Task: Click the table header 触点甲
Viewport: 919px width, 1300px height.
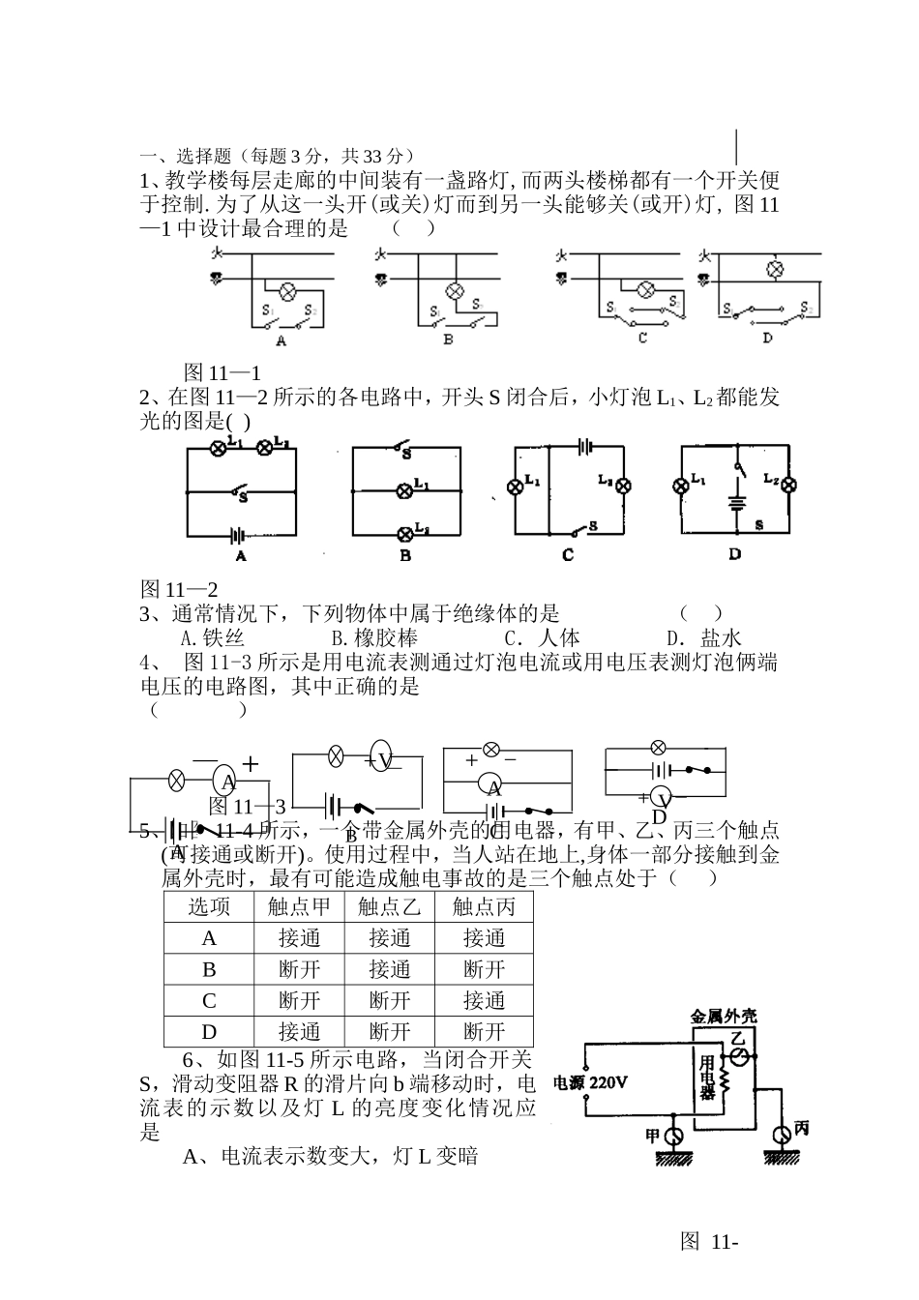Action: [299, 906]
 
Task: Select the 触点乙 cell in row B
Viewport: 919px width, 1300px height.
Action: [390, 969]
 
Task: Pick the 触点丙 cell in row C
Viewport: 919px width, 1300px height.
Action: [484, 1000]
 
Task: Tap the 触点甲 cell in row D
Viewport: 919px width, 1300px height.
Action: [299, 1031]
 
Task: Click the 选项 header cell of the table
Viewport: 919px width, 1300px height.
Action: [209, 906]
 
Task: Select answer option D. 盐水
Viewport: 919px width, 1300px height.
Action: [703, 637]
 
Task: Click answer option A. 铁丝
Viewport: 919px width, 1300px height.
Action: [213, 637]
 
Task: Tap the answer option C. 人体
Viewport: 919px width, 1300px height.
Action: [542, 637]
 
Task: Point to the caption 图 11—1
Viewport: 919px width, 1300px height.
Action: [222, 372]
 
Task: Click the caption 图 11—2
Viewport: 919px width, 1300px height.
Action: [180, 589]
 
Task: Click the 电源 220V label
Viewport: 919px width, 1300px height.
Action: [589, 1082]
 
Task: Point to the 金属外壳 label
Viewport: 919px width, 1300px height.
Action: [723, 1017]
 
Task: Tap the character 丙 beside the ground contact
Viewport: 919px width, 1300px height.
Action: [801, 1130]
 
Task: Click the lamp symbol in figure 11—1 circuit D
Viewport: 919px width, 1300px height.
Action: [774, 270]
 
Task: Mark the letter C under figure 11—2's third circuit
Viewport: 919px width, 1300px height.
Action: [568, 555]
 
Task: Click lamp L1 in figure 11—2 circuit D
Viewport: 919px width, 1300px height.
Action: [681, 486]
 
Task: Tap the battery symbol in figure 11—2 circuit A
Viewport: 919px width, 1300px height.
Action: [237, 534]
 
